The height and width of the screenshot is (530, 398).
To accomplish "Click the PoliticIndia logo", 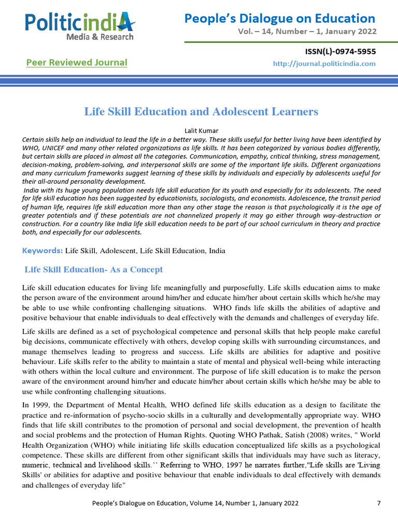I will pyautogui.click(x=80, y=23).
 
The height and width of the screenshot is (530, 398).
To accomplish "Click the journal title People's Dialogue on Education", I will pyautogui.click(x=280, y=19).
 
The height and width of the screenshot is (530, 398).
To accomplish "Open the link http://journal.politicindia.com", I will pyautogui.click(x=324, y=64).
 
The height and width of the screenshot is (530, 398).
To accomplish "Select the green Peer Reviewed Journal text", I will pyautogui.click(x=77, y=63).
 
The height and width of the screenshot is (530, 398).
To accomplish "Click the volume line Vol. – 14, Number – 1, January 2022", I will pyautogui.click(x=307, y=32).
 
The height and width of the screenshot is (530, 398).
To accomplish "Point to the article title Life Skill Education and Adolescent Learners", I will pyautogui.click(x=201, y=111).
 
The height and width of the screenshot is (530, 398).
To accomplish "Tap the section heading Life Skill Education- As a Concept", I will pyautogui.click(x=94, y=270).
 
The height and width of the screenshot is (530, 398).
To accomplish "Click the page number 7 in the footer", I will pyautogui.click(x=379, y=503).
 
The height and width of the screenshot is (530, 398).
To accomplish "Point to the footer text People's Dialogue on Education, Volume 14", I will pyautogui.click(x=195, y=503).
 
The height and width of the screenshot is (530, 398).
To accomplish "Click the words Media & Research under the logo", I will pyautogui.click(x=99, y=37).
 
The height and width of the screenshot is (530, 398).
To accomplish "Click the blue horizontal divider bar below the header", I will pyautogui.click(x=199, y=81).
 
